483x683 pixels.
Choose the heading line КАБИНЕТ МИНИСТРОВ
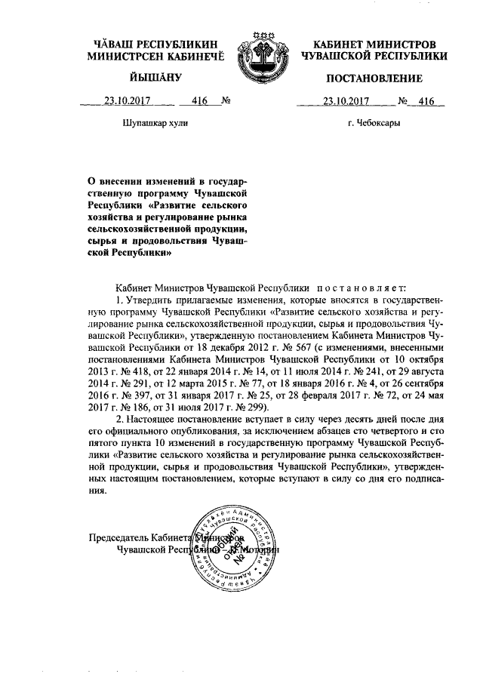click(374, 45)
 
